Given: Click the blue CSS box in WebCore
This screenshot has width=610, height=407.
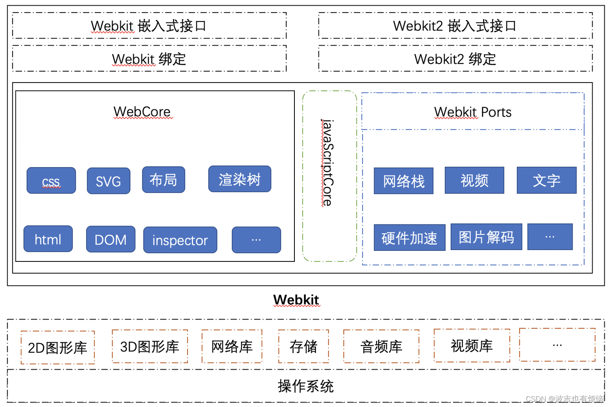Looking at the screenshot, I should (x=51, y=181).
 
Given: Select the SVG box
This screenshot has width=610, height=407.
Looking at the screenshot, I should (x=109, y=181).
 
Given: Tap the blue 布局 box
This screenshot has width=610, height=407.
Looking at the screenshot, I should (x=163, y=180).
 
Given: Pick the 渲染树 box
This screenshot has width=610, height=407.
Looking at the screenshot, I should (x=240, y=179).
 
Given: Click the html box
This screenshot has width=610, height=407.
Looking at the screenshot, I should (x=48, y=239).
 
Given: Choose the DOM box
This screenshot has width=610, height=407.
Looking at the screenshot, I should (x=111, y=239).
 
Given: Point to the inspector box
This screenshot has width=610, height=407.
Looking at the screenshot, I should (x=180, y=240).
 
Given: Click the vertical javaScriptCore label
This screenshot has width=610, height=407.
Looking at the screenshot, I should (x=328, y=163).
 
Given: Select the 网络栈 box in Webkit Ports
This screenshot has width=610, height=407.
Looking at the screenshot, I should (x=403, y=181).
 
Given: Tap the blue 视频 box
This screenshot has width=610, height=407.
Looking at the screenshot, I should (x=474, y=180).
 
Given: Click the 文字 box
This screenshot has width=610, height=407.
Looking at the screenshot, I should (x=547, y=180).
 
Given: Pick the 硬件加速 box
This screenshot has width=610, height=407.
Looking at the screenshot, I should (x=410, y=237).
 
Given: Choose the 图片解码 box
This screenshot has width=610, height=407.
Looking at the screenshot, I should (x=486, y=237).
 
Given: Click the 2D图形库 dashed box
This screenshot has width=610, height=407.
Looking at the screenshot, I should (x=58, y=348).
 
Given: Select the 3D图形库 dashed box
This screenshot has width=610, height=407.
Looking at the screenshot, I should (x=150, y=346).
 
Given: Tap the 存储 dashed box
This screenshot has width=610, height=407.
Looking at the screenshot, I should (x=303, y=346).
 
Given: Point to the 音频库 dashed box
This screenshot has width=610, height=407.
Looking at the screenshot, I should (x=381, y=346).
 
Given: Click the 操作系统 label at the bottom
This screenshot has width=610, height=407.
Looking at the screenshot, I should (x=306, y=386).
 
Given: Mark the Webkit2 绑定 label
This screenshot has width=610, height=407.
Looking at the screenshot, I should (x=455, y=59).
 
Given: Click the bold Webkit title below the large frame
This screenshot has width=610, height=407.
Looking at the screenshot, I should (x=296, y=300).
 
